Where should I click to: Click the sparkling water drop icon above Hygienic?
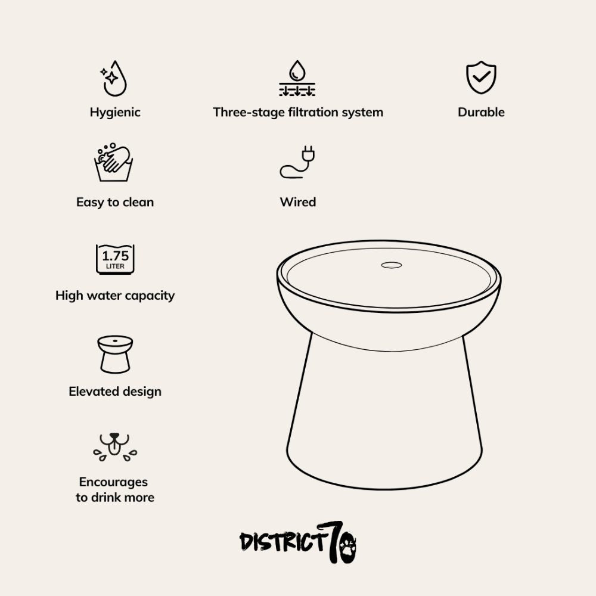(x=114, y=79)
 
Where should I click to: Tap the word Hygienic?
(x=115, y=112)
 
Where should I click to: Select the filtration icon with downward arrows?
(x=297, y=78)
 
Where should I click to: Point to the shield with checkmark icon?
(x=481, y=77)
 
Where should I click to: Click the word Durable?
(x=481, y=112)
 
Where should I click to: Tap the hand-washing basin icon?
(x=113, y=162)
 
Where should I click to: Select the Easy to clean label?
(x=115, y=202)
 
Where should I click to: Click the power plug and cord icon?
(x=297, y=162)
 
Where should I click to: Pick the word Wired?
(x=298, y=202)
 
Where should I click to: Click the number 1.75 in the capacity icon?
(x=116, y=256)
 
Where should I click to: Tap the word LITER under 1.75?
(x=115, y=266)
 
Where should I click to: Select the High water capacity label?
(x=115, y=296)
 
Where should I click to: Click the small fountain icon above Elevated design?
(x=115, y=354)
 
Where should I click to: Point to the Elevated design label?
(x=115, y=392)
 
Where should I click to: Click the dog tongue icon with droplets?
(x=115, y=447)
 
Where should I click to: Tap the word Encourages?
(x=113, y=482)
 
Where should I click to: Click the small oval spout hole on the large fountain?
(x=392, y=265)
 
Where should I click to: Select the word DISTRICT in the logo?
(x=284, y=541)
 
